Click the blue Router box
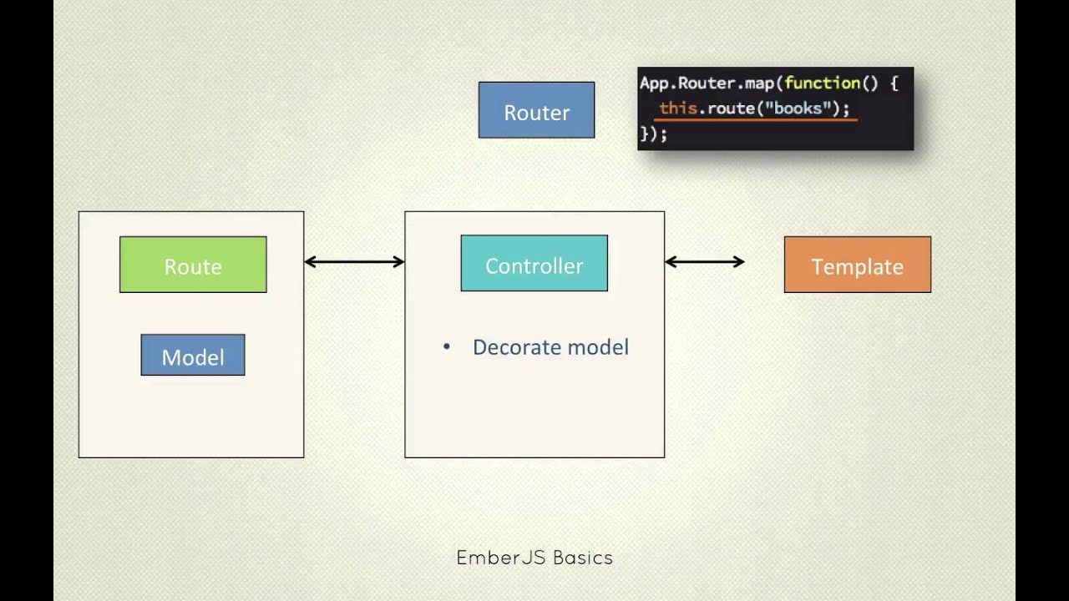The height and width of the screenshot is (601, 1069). coord(536,110)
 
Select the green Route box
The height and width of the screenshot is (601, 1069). coord(193,265)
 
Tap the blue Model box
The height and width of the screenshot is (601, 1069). coord(193,356)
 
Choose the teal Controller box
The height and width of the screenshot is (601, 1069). coord(534,264)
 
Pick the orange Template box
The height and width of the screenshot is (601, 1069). coord(857,265)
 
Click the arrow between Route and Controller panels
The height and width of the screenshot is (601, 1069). coord(354,262)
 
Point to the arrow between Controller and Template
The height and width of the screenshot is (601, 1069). coord(704,262)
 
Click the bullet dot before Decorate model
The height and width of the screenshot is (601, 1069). coord(447,346)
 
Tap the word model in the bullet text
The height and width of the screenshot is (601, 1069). coord(596,347)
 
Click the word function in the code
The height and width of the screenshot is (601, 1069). coord(822,83)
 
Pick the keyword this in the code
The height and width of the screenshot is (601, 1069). coord(677,109)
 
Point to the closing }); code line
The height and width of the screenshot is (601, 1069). coord(653,134)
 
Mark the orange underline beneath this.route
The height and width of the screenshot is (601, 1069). coord(755,120)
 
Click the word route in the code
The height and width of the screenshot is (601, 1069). coord(731,109)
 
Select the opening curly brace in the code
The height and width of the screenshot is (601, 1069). coord(893,83)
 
